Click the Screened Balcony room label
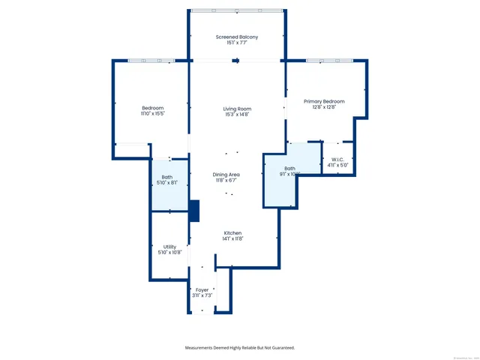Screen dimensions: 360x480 [237, 37]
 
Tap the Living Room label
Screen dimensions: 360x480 [237, 109]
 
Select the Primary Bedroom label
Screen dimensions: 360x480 [324, 101]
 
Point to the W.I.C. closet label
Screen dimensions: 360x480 [335, 159]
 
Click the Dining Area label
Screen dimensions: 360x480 [226, 175]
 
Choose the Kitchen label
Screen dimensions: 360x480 [232, 233]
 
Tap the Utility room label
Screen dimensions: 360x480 [170, 247]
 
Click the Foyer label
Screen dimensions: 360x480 [202, 289]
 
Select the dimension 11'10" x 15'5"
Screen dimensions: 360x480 [152, 114]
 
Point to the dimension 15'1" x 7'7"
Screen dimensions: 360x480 [237, 43]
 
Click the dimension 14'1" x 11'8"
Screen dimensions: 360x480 [232, 239]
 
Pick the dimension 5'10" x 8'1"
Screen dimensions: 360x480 [167, 183]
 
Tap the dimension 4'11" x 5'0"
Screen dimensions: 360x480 [335, 165]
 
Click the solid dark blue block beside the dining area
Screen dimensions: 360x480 [194, 211]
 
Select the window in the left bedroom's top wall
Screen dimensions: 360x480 [151, 61]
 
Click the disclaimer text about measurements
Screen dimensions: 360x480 [240, 347]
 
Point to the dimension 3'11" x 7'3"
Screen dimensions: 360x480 [202, 295]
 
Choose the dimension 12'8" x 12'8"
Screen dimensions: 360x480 [324, 107]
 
